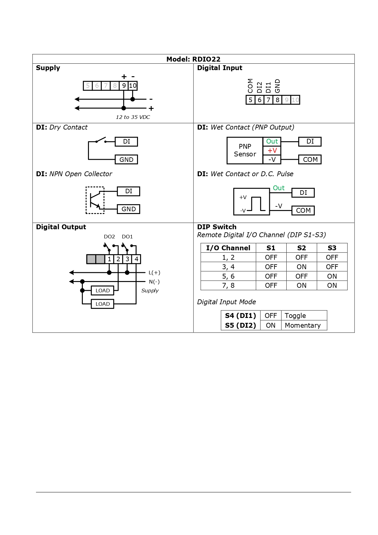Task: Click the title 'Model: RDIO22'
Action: click(193, 59)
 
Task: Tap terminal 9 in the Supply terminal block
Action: click(124, 86)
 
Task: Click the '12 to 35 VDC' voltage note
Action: click(133, 117)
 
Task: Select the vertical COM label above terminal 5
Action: click(250, 86)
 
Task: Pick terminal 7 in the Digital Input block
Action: click(268, 100)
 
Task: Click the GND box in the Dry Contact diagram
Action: click(126, 160)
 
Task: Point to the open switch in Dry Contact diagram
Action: click(101, 140)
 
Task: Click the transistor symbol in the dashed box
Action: click(95, 200)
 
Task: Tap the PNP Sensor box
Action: click(245, 150)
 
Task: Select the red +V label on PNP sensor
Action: click(272, 151)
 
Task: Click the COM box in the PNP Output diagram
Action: click(310, 160)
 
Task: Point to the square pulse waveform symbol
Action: click(256, 204)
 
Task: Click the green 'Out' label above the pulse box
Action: click(279, 188)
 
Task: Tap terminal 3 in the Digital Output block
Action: click(127, 259)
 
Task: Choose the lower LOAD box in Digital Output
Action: click(103, 304)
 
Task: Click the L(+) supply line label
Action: click(154, 273)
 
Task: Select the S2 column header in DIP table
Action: click(302, 248)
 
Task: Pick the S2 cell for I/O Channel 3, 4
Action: click(302, 267)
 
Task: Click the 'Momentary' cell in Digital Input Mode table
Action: click(303, 326)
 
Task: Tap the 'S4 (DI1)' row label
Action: click(241, 316)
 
